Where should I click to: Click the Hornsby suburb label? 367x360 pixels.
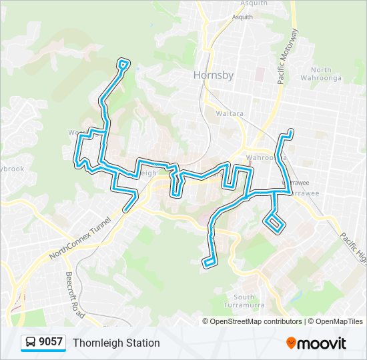click(214, 75)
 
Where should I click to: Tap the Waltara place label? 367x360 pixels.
click(229, 113)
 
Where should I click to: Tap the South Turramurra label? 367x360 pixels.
click(244, 301)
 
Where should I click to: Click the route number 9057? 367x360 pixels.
click(51, 343)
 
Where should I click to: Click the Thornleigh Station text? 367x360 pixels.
click(116, 343)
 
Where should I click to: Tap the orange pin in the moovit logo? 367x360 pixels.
click(291, 343)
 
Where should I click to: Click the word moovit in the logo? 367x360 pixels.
click(322, 343)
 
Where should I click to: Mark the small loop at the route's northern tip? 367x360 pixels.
click(123, 64)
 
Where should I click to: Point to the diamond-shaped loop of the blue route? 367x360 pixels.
click(274, 223)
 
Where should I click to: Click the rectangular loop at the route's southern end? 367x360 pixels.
click(210, 262)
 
